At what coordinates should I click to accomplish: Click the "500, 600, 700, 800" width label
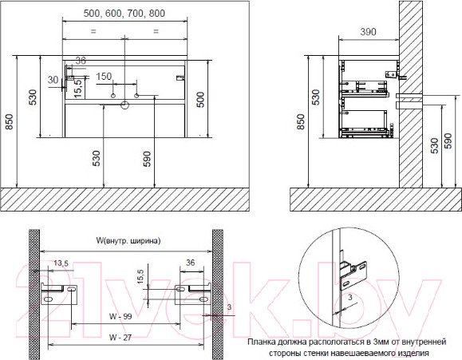tap(124, 14)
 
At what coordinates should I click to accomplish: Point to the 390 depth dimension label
tap(368, 32)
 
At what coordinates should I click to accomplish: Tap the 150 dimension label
tap(104, 77)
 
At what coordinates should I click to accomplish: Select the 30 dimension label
tap(53, 80)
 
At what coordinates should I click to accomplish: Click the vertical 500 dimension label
tap(200, 100)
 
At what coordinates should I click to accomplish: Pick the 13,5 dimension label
tap(61, 263)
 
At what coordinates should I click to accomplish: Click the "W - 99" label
tap(120, 316)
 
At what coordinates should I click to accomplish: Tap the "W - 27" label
tap(120, 338)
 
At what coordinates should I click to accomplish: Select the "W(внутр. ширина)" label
tap(128, 240)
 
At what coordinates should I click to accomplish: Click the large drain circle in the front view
tap(125, 105)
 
